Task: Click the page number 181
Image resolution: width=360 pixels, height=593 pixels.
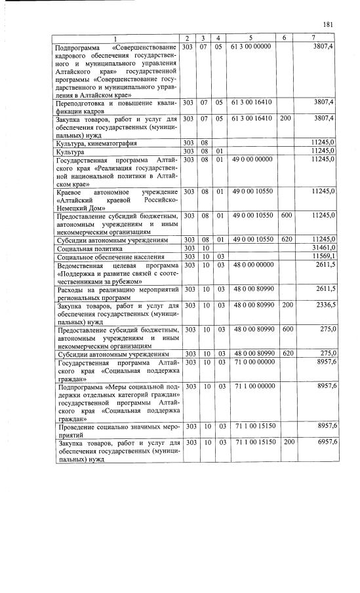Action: pos(329,25)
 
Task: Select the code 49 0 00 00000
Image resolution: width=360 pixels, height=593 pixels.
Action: pos(252,159)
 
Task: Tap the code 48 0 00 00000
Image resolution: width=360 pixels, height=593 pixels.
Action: pos(252,265)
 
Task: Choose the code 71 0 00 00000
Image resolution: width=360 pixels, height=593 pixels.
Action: pos(252,362)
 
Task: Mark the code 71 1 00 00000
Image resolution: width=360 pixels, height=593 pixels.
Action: pos(252,387)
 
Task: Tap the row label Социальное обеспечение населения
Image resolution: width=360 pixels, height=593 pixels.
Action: pos(104,257)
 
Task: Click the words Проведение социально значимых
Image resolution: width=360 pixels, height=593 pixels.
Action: pos(106,427)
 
